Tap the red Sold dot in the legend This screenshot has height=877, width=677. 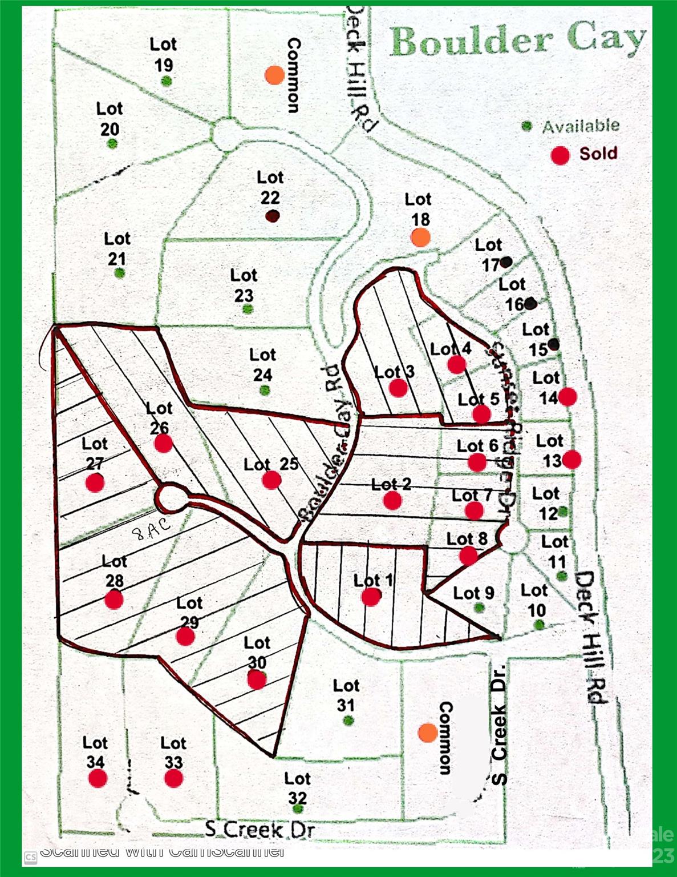coord(560,154)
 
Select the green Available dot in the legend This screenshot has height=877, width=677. coord(527,126)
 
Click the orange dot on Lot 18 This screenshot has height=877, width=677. coord(420,237)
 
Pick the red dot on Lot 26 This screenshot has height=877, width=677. coord(163,442)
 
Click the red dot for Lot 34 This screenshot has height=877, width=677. coord(98,778)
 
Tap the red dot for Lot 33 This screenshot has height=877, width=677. coord(173,778)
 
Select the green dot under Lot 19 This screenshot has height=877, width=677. coord(166,81)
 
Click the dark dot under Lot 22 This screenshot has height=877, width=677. coord(272,216)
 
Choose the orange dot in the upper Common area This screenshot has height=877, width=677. coord(275,74)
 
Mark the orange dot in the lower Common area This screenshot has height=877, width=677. coord(428,733)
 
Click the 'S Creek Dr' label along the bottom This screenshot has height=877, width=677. coord(260,829)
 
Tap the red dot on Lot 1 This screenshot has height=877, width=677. coord(371,597)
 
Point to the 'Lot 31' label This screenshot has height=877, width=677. coord(346,695)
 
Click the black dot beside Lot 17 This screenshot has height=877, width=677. coord(506,262)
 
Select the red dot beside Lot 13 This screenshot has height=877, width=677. coord(571,459)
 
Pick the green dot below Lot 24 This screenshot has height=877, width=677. coord(264,391)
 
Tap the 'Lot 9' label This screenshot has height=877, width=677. coord(473,593)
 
